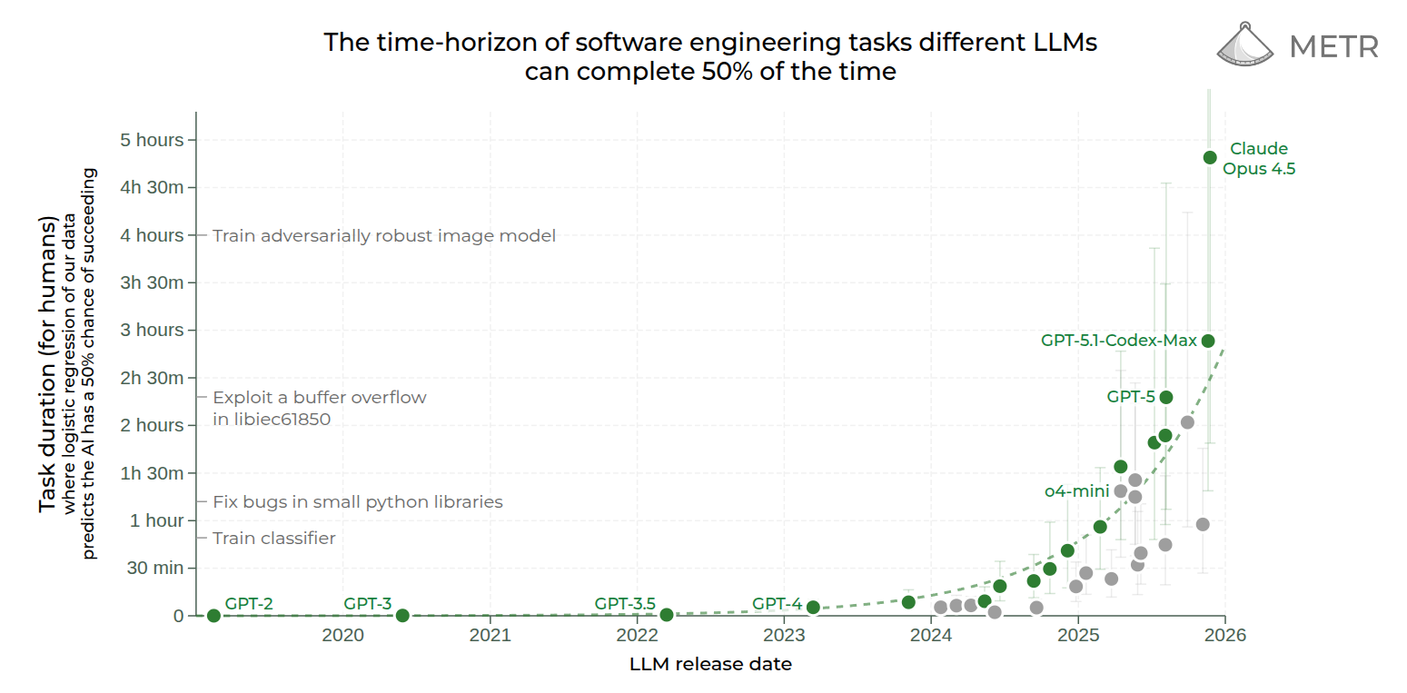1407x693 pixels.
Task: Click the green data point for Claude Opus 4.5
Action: point(1209,157)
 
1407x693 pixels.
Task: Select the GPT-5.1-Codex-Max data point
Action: point(1208,341)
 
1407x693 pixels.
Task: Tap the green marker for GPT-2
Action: point(213,616)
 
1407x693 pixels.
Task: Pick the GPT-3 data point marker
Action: point(402,616)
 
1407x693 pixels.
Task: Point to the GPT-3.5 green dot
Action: point(666,615)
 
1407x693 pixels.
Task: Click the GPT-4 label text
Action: point(777,603)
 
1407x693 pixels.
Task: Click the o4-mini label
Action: point(1076,490)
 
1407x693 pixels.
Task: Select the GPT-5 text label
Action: point(1130,396)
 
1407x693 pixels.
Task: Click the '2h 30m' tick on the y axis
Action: point(154,378)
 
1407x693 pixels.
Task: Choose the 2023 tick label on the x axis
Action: point(784,634)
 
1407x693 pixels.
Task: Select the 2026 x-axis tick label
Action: point(1225,634)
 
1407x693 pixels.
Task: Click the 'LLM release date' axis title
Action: point(710,664)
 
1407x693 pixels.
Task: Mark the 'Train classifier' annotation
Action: point(273,539)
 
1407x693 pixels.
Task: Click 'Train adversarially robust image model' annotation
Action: point(383,236)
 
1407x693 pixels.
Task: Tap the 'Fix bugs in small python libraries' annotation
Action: point(357,501)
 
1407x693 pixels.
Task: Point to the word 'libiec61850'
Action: point(272,420)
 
